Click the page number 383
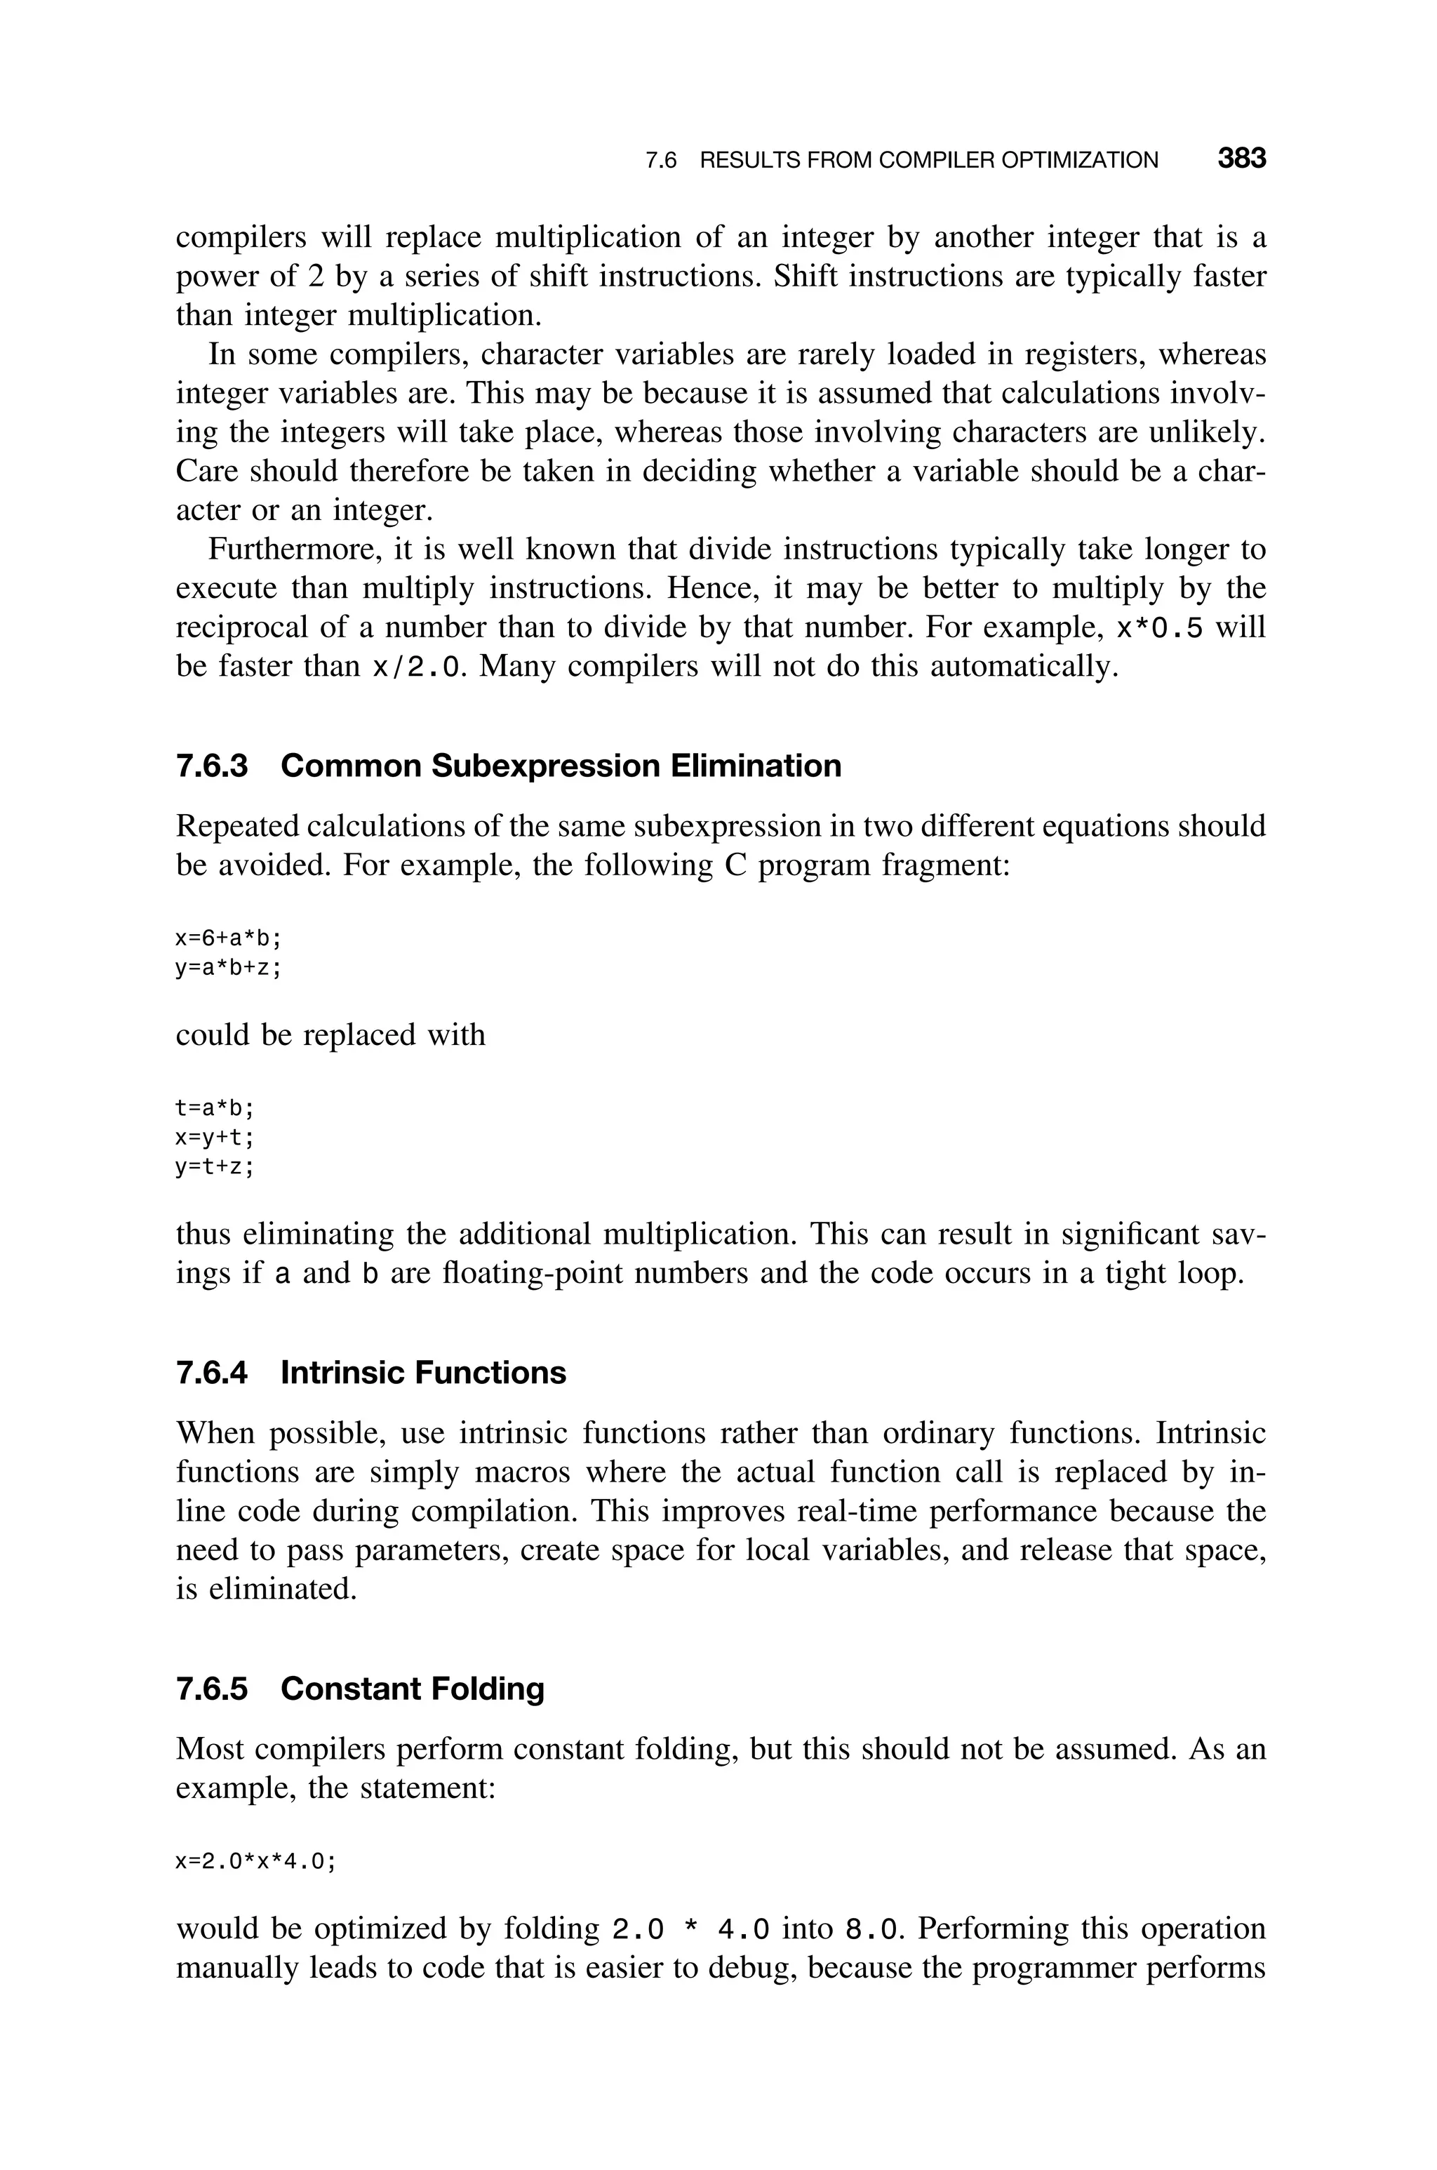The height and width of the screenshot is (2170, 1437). (x=1241, y=159)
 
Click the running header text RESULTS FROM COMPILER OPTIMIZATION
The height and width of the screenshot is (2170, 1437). (x=928, y=161)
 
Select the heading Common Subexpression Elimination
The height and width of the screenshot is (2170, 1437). (x=560, y=765)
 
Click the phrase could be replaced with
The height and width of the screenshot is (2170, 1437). (x=330, y=1034)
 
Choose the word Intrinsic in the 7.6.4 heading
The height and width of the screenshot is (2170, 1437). (x=342, y=1372)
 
